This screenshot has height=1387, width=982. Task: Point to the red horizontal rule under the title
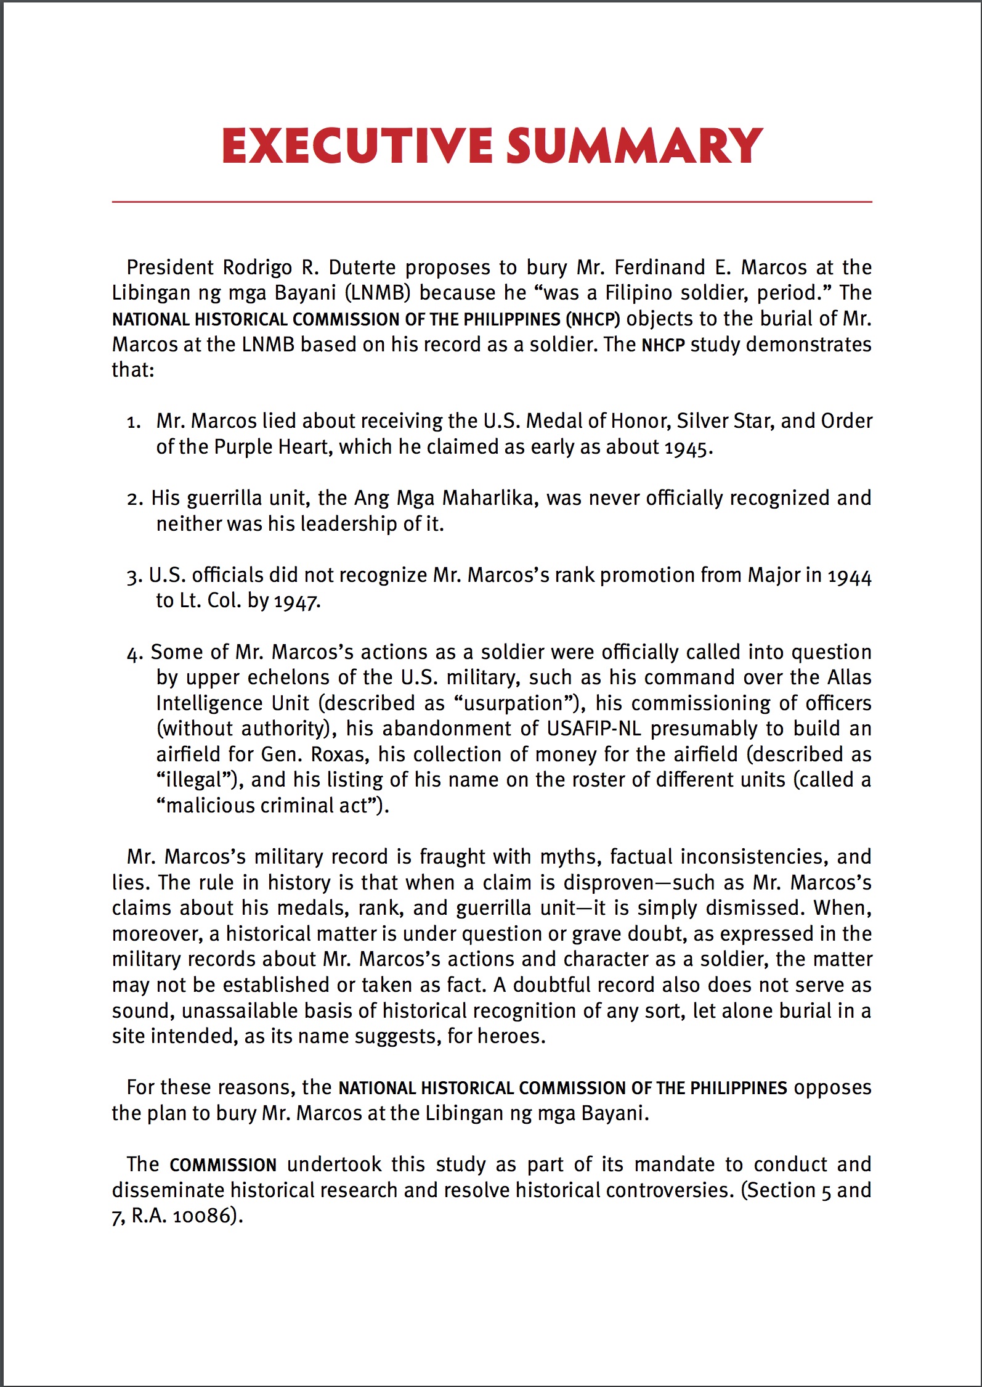click(x=492, y=202)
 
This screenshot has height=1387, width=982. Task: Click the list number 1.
click(x=133, y=422)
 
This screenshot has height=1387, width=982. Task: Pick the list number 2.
click(x=134, y=499)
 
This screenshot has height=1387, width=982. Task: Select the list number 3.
click(x=134, y=576)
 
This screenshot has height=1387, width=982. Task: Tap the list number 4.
click(x=134, y=653)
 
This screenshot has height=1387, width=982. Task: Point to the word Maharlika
click(x=488, y=498)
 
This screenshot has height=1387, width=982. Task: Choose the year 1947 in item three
click(x=296, y=602)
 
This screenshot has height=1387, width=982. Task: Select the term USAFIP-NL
click(x=594, y=729)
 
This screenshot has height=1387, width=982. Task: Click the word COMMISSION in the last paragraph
click(x=223, y=1165)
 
